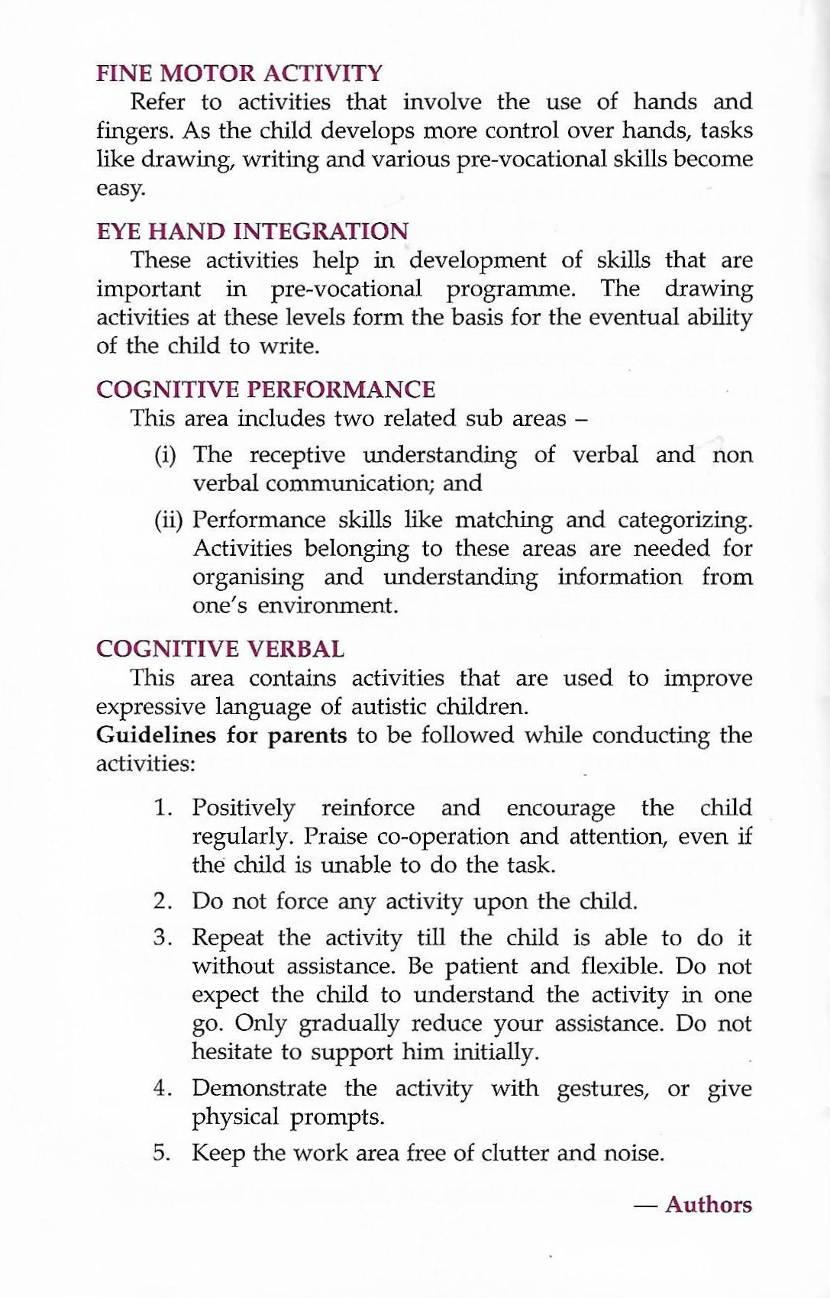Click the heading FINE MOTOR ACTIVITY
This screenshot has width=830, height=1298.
tap(239, 73)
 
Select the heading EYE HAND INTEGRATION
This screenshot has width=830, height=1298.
tap(252, 231)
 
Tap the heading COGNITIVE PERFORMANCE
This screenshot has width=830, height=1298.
tap(266, 389)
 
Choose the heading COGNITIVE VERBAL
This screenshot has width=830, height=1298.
tap(220, 649)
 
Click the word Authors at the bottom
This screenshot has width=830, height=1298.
tap(708, 1204)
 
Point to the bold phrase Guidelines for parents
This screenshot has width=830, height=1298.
tap(221, 735)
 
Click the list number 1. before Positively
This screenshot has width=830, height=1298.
tap(162, 808)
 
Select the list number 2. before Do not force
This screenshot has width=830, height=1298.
tap(162, 901)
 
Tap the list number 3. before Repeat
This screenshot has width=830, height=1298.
tap(162, 938)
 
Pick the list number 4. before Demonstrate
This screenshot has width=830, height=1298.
tap(162, 1088)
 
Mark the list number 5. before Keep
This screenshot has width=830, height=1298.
tap(162, 1152)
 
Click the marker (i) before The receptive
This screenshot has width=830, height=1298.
tap(166, 456)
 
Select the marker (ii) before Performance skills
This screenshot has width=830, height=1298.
tap(168, 521)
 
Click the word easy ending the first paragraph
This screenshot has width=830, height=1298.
tap(119, 189)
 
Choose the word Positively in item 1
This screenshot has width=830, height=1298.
tap(243, 808)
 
